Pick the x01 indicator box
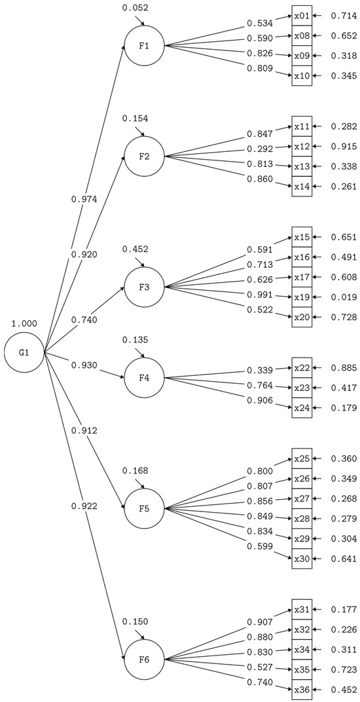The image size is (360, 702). click(302, 16)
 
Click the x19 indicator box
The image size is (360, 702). click(302, 297)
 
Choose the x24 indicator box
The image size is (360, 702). click(302, 408)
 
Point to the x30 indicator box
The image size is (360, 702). click(302, 559)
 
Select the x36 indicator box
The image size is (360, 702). click(302, 690)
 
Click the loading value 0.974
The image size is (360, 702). click(84, 199)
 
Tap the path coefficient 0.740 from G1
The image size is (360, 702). click(84, 320)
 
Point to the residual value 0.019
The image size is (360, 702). click(344, 297)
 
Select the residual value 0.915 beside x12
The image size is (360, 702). click(344, 147)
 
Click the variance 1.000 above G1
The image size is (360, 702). click(24, 323)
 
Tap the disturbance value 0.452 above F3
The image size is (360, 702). click(135, 249)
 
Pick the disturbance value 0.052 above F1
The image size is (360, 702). click(135, 8)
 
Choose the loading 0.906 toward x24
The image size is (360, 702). click(260, 401)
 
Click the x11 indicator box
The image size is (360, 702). click(302, 126)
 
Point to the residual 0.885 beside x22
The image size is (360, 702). click(344, 368)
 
